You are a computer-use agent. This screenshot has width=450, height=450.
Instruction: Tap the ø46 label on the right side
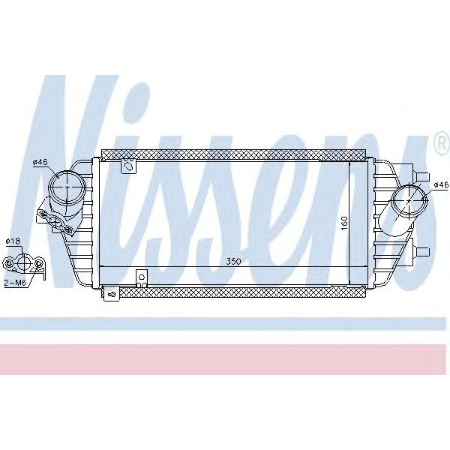point(439,184)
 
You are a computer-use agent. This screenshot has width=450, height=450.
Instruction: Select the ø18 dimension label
point(13,241)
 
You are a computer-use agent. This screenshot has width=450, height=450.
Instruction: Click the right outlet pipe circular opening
point(406,199)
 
